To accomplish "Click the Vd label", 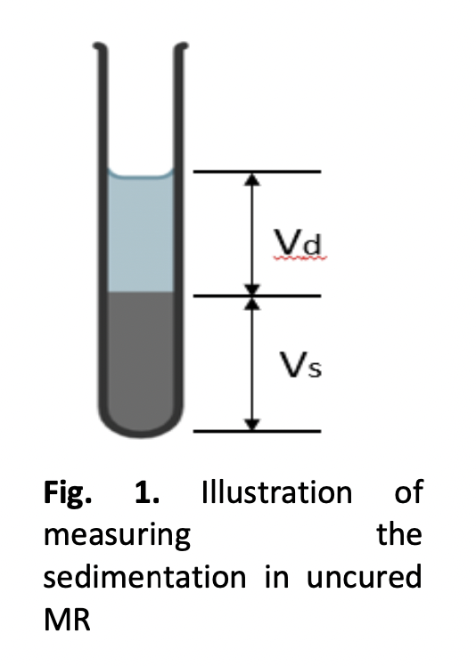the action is click(x=298, y=242).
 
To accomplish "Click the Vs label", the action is click(x=300, y=365).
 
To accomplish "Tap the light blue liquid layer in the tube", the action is click(x=140, y=232).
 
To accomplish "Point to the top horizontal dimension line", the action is click(x=257, y=172).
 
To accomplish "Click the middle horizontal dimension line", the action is click(x=257, y=296).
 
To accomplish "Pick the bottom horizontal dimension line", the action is click(x=257, y=431).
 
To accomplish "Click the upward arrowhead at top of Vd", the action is click(x=252, y=179).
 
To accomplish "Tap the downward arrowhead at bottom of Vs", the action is click(x=252, y=424).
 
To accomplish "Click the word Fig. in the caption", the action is click(x=67, y=493).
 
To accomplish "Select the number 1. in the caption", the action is click(x=147, y=492).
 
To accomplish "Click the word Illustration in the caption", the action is click(x=277, y=491).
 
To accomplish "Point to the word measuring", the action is click(x=117, y=536).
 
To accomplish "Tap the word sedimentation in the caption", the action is click(x=144, y=577).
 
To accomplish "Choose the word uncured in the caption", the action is click(x=364, y=577).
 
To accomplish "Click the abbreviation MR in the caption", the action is click(x=67, y=620).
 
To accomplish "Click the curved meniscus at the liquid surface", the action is click(x=140, y=175).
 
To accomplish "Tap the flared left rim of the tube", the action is click(x=101, y=47).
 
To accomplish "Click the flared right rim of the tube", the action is click(x=181, y=47).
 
